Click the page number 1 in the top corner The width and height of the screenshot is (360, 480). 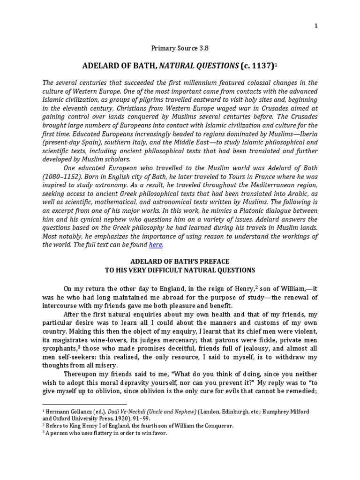(x=316, y=26)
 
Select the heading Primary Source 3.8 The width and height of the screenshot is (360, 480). (x=180, y=47)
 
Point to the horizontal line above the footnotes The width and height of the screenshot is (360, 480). (x=84, y=403)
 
